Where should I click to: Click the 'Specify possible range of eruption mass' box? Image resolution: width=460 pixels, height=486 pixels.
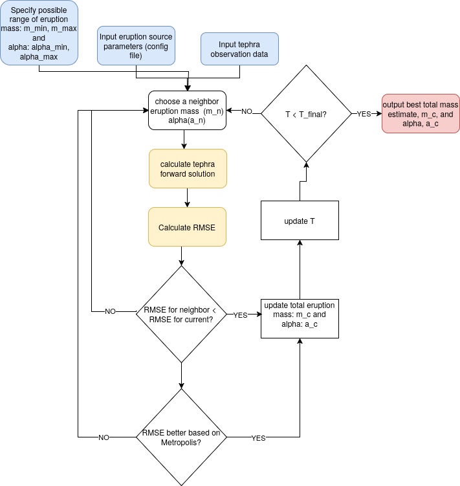coord(39,32)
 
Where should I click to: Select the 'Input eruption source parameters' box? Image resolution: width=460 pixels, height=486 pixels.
coord(136,45)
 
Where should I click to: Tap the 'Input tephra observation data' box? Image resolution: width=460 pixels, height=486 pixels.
coord(239,49)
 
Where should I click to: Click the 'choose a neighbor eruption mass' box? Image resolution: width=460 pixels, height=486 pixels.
coord(187,111)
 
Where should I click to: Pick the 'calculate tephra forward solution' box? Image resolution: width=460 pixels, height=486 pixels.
coord(188,169)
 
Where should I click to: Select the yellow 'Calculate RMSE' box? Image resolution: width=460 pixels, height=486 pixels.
coord(187,227)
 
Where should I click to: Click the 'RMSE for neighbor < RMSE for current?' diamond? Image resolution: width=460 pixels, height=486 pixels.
coord(181,314)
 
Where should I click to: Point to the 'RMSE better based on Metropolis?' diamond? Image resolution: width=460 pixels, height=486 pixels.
coord(181,437)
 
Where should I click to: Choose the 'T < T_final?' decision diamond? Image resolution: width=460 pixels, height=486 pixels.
coord(306,114)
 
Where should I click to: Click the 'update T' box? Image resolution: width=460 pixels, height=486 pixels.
coord(300,221)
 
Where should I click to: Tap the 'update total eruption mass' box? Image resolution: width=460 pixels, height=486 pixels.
coord(300,318)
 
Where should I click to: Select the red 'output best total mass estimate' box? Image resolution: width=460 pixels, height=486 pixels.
coord(420,114)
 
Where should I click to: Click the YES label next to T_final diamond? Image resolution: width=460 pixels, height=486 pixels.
coord(364,114)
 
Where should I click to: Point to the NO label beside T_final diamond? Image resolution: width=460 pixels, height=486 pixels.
coord(246,111)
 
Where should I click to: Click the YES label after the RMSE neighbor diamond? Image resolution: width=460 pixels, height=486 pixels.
coord(240,315)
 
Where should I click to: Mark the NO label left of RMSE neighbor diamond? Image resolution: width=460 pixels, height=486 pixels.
coord(111,311)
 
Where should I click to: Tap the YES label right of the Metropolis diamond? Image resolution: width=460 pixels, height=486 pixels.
coord(258,438)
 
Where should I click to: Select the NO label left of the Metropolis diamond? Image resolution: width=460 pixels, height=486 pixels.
coord(104,437)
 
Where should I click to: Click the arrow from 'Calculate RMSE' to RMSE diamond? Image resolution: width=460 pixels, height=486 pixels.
coord(182,256)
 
